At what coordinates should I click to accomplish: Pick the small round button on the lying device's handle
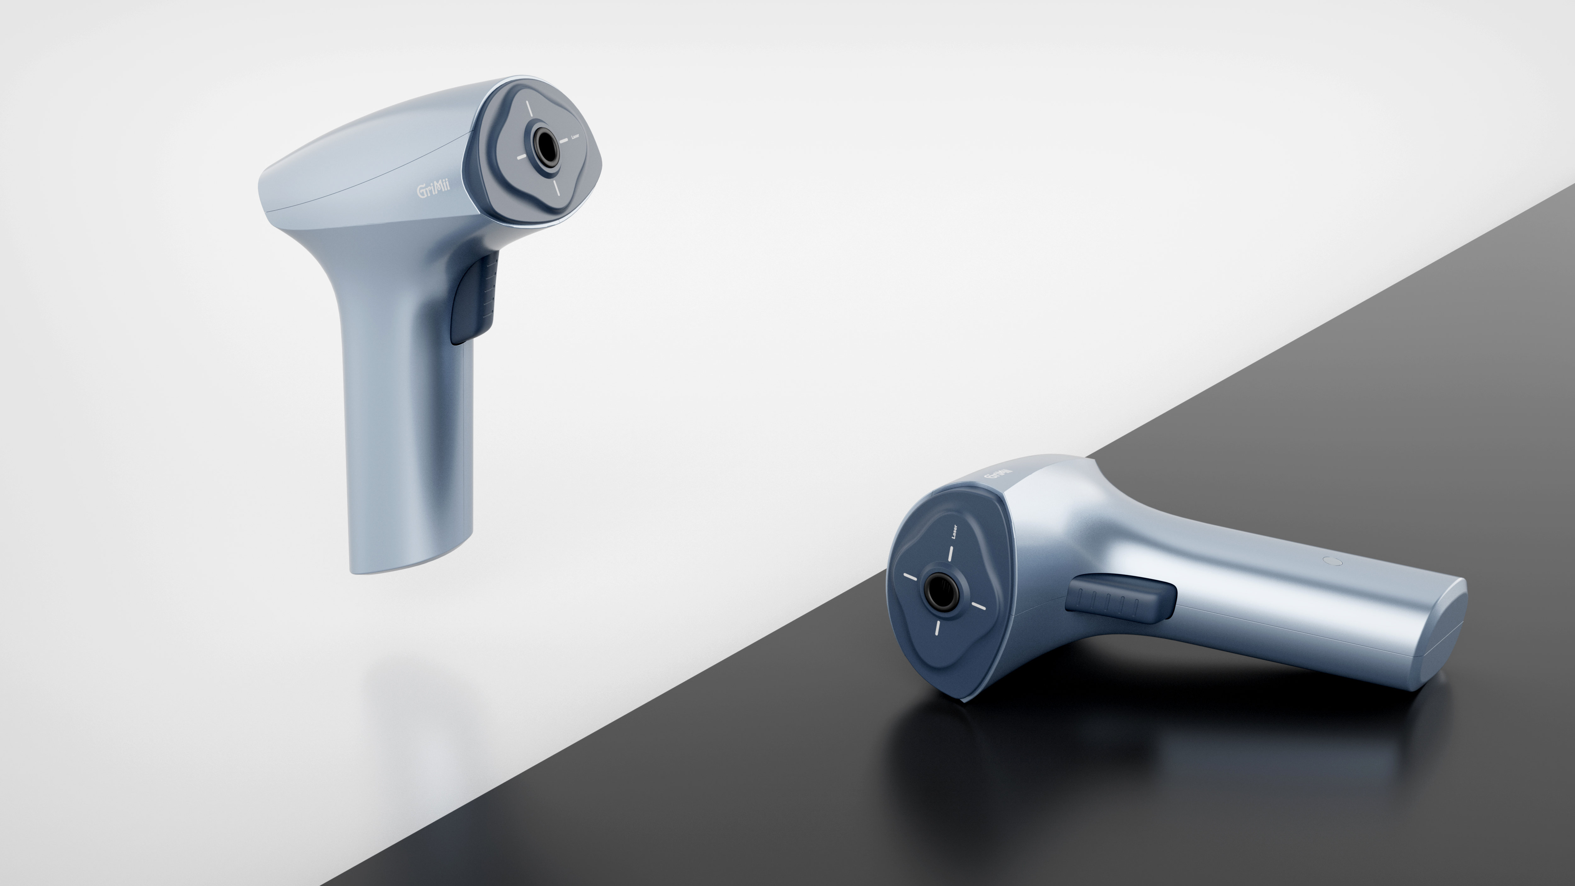click(x=1332, y=561)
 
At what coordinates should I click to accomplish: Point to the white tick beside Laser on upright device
click(x=563, y=139)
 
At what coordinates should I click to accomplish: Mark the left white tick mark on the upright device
click(x=522, y=157)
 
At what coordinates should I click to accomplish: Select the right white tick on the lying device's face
click(x=978, y=606)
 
